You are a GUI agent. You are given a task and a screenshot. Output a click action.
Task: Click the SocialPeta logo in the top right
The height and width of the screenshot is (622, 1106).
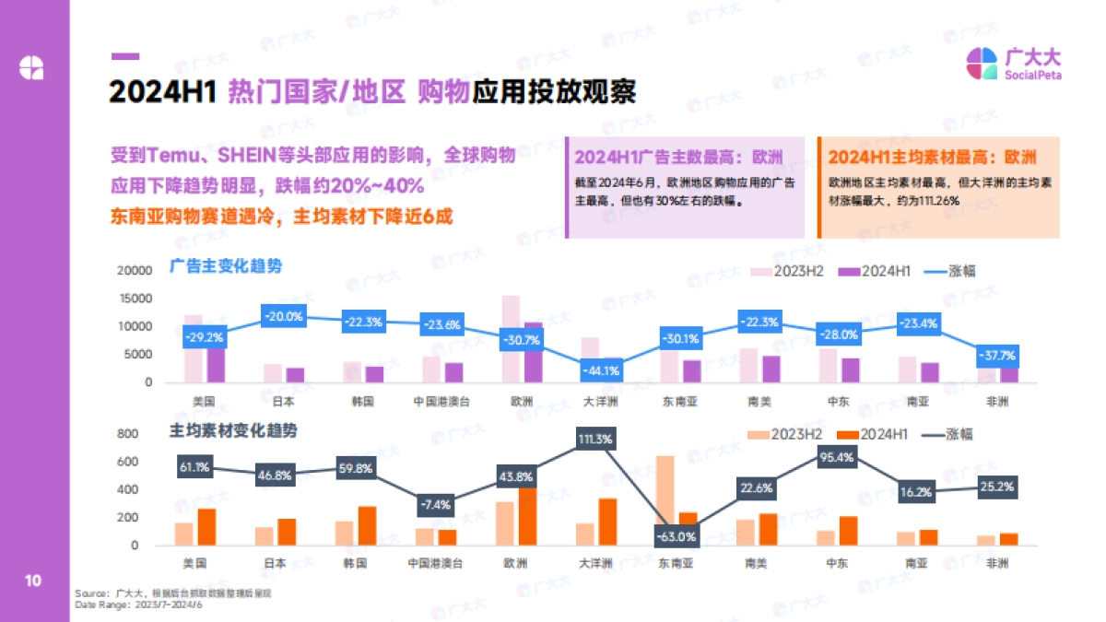pos(1013,64)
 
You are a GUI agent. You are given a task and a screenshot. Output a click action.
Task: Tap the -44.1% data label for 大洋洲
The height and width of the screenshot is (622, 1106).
pos(599,371)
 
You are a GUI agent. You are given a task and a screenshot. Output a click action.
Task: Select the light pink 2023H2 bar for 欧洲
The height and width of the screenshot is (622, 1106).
pos(511,338)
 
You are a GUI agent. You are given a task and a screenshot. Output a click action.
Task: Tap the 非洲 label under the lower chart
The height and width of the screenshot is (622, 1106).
pos(999,563)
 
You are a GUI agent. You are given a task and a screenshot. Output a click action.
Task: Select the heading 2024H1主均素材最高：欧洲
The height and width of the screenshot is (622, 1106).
pos(932,156)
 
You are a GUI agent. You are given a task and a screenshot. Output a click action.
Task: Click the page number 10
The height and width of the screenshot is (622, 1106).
pos(32,581)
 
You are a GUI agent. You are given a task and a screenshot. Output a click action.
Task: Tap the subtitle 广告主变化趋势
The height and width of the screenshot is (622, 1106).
pos(226,266)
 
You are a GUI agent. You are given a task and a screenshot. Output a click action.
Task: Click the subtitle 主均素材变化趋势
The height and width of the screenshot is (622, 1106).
pos(233,430)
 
